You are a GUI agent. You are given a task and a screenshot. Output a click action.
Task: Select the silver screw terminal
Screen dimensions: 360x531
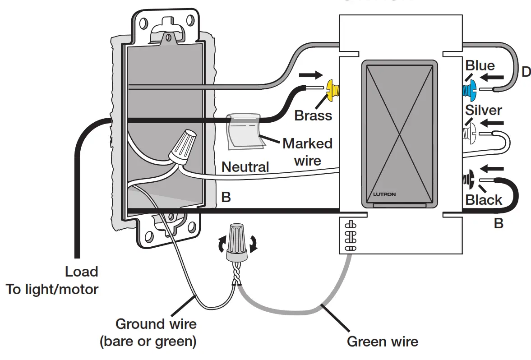coord(467,133)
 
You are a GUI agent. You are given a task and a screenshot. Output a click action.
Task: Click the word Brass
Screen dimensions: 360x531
coord(313,115)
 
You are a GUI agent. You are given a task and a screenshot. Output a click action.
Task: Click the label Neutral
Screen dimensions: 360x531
coord(245,167)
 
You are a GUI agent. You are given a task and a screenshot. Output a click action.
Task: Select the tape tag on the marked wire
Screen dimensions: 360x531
coord(244,131)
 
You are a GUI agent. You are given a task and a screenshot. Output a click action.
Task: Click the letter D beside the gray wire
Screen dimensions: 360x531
coord(526,72)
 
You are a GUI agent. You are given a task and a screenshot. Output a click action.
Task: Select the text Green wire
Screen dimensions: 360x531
coord(382,342)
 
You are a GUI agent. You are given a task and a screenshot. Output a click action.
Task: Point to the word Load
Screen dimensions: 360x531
coord(81,272)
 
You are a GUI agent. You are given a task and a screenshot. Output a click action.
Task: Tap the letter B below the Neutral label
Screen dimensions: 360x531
coord(226,197)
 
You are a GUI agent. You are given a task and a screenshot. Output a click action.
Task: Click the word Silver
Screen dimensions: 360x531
coord(484,110)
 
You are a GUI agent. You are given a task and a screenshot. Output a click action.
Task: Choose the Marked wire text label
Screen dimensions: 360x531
coord(307,152)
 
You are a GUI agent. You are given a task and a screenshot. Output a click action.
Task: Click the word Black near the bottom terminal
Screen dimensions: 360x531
coord(484,200)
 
